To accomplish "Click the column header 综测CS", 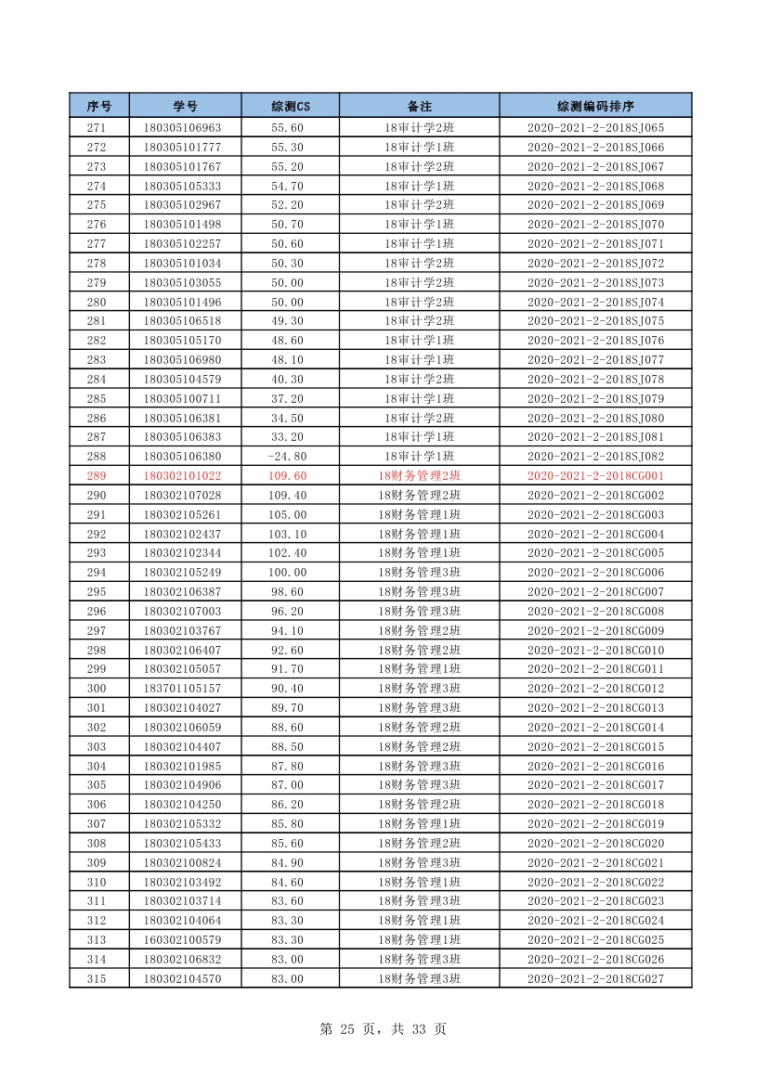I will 290,106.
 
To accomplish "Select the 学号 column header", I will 185,106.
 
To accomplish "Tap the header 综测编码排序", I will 595,106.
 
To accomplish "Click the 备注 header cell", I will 419,106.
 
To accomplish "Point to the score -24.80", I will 287,457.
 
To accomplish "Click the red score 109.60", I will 287,476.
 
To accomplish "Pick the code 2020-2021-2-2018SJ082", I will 595,457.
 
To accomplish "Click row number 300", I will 97,689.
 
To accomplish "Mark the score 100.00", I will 287,573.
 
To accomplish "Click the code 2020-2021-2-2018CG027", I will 595,978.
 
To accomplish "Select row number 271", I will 97,128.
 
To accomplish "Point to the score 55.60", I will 287,128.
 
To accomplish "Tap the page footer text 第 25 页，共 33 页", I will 383,1029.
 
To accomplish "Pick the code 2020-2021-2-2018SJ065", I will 595,128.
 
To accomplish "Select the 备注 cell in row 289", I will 419,476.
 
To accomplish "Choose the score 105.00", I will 287,515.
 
